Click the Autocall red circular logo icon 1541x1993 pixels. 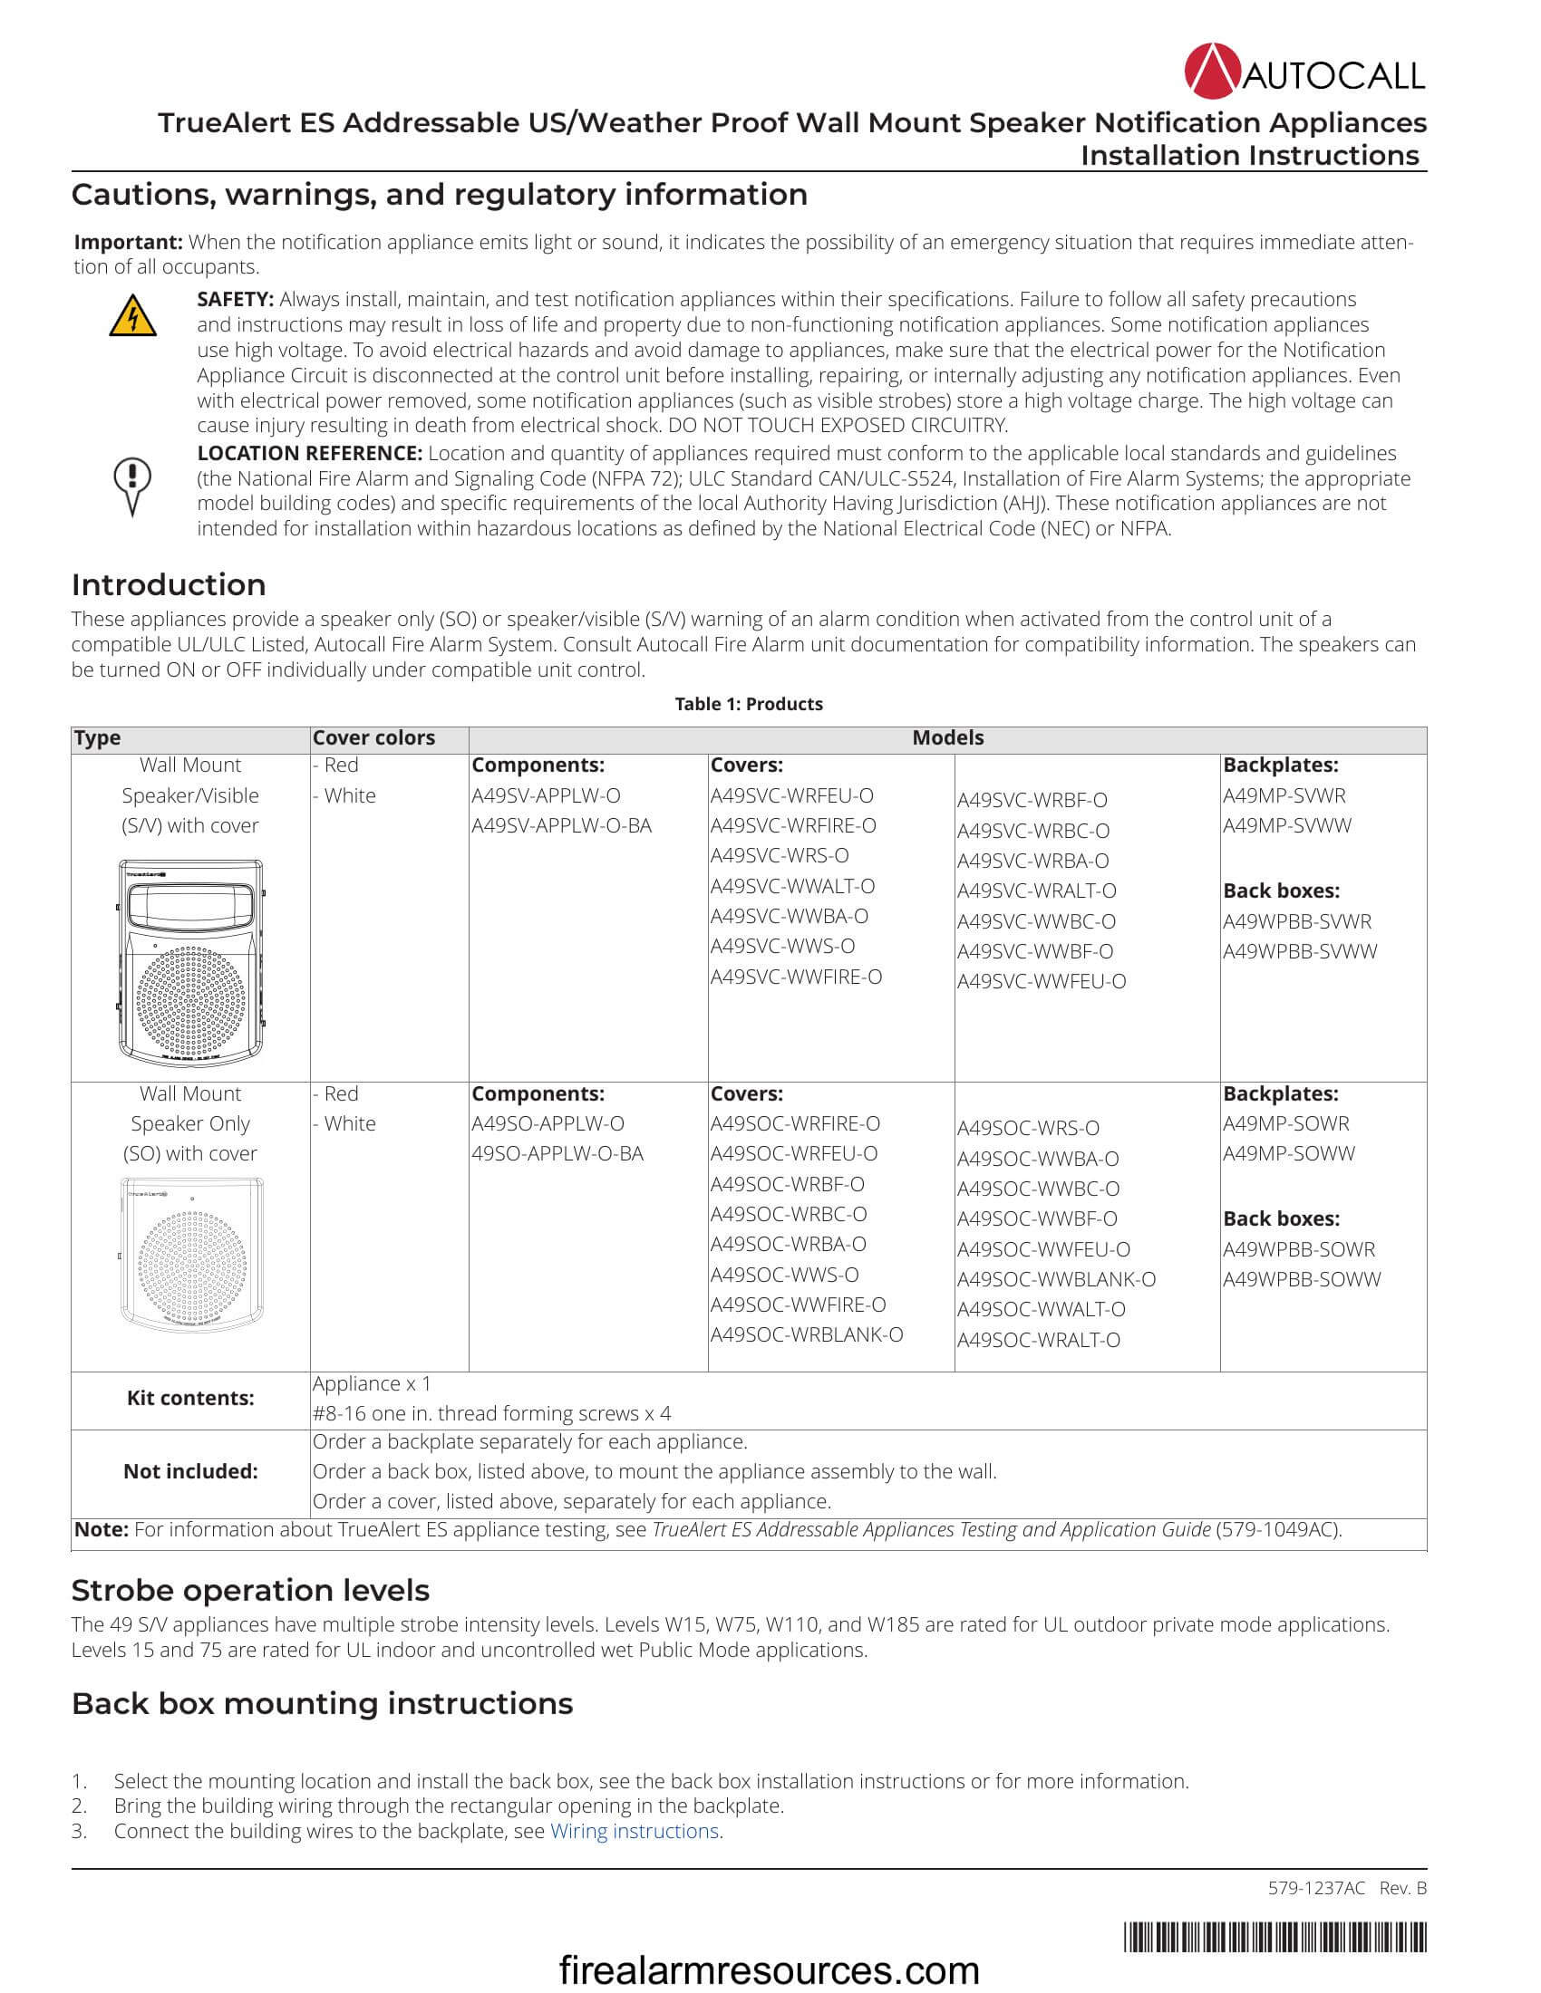1212,71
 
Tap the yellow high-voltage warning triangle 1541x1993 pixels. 132,316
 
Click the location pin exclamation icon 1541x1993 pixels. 132,485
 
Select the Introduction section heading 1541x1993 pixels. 169,585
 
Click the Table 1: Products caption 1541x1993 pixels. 749,704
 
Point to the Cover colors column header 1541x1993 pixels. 373,737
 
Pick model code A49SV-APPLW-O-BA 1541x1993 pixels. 561,825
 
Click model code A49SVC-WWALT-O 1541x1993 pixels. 792,885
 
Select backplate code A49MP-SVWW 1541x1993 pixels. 1287,825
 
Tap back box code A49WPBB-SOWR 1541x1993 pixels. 1299,1249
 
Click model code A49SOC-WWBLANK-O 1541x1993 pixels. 1056,1279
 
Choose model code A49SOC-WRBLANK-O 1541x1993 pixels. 807,1334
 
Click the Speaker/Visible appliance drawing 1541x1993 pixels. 190,963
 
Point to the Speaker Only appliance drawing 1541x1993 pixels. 190,1255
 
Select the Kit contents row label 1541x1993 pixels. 189,1398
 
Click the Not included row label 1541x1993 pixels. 189,1471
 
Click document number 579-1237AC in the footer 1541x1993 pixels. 1315,1888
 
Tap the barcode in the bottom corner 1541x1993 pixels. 1274,1937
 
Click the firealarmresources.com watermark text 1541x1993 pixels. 769,1969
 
